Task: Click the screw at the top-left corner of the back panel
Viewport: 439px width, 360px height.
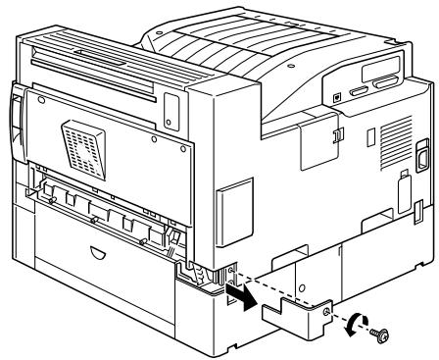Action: point(41,100)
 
